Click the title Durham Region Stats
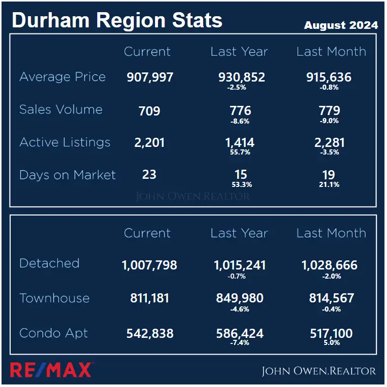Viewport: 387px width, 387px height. pos(117,20)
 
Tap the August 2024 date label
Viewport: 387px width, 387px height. pos(340,25)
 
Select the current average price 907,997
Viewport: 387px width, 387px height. pos(149,78)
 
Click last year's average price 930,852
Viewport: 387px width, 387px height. pos(241,78)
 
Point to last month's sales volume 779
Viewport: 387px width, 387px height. pos(329,110)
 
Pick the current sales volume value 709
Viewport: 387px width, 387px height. pos(149,110)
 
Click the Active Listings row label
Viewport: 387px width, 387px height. pos(65,142)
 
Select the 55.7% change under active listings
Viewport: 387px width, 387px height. pos(241,152)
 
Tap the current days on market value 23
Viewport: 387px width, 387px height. pos(149,175)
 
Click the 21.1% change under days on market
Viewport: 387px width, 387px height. pos(329,184)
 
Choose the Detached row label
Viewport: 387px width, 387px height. pos(49,263)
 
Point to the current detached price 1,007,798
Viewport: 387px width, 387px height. pos(149,265)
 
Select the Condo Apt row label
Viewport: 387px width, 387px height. pos(54,333)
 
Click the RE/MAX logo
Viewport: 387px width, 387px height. pos(51,370)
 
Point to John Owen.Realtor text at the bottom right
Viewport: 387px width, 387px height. pos(319,371)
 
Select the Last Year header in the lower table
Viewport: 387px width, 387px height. pos(239,234)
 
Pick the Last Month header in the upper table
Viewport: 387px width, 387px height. pos(331,52)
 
